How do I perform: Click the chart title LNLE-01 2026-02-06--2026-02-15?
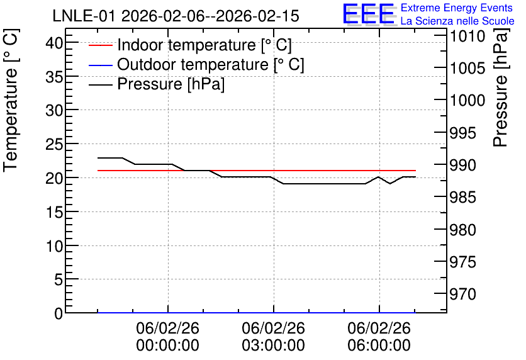pos(176,16)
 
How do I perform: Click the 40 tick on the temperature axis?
pos(54,43)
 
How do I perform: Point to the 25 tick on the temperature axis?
pos(54,144)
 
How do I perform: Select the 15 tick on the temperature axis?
pos(54,212)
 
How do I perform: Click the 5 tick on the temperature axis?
pos(59,279)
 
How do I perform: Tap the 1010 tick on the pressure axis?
pos(467,36)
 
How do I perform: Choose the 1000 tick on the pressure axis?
pos(467,100)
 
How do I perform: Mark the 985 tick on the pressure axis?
pos(463,197)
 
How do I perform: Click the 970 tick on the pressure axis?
pos(463,295)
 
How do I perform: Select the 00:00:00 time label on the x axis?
pos(168,345)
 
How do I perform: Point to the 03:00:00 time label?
pos(274,345)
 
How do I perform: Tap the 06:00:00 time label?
pos(379,345)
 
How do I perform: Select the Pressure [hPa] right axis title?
pos(500,87)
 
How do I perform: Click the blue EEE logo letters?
pos(368,14)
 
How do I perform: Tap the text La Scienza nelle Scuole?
pos(457,21)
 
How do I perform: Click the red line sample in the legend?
pos(100,45)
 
